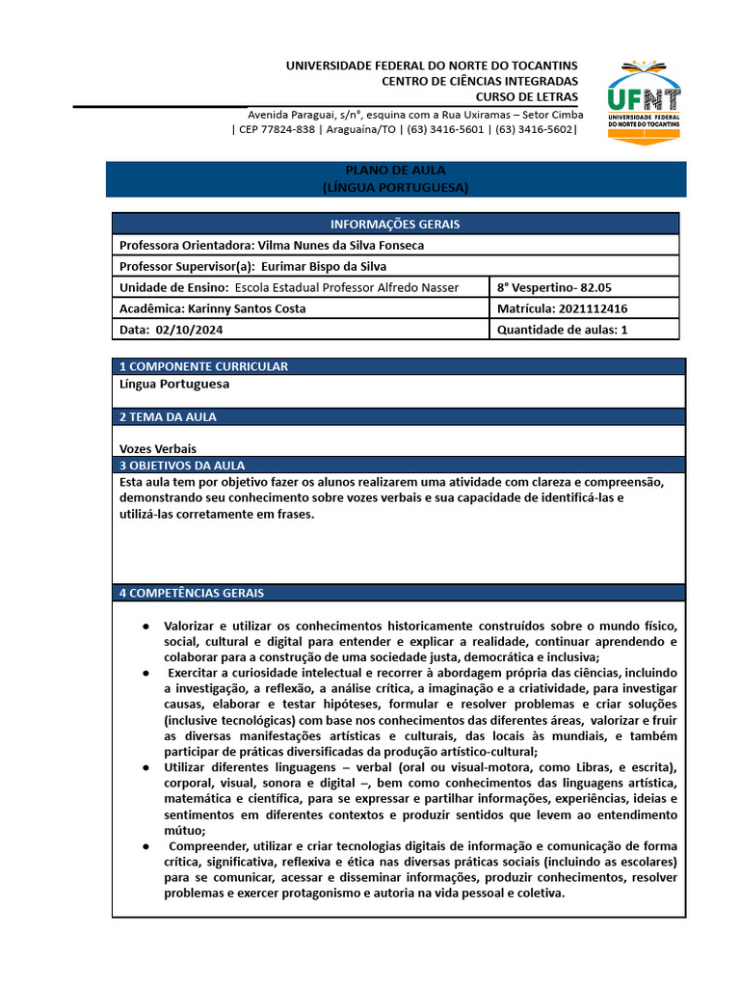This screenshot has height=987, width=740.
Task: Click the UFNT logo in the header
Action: coord(644,99)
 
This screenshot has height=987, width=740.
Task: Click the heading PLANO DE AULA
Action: coord(395,171)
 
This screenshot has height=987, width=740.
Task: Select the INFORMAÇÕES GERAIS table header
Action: coord(395,224)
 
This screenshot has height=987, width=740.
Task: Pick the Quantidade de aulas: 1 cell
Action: coord(562,330)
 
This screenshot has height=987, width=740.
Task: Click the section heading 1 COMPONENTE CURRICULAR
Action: coord(203,366)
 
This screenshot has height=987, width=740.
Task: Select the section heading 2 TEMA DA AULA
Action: coord(168,416)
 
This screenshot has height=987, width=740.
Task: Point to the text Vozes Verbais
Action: coord(158,448)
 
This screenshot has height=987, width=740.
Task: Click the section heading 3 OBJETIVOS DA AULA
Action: coord(182,465)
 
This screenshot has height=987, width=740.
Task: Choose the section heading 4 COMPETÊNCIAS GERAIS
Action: coord(192,593)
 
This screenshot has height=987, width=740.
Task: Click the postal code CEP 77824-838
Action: coord(277,130)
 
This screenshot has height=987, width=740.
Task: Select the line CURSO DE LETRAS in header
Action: coord(527,96)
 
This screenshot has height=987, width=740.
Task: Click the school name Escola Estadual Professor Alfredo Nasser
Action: coord(347,287)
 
